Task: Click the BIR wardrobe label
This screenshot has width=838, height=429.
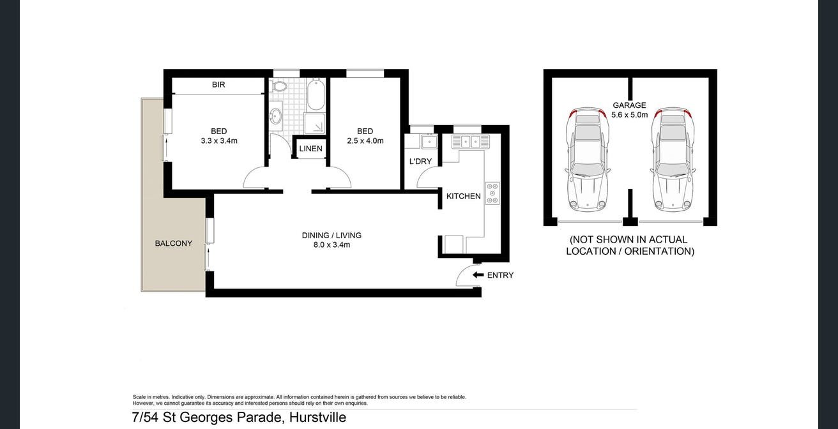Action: pyautogui.click(x=218, y=85)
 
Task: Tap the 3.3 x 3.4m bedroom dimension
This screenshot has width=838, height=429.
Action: pyautogui.click(x=219, y=141)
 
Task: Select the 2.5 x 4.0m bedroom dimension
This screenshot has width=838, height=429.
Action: pyautogui.click(x=365, y=141)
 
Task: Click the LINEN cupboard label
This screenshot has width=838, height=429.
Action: pyautogui.click(x=311, y=149)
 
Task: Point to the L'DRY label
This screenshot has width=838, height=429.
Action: pyautogui.click(x=420, y=162)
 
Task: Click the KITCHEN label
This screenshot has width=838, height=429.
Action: pyautogui.click(x=464, y=197)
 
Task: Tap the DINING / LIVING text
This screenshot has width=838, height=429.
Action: pyautogui.click(x=331, y=236)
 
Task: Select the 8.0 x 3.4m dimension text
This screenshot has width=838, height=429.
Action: pyautogui.click(x=331, y=245)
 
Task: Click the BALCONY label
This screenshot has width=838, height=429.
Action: pyautogui.click(x=174, y=244)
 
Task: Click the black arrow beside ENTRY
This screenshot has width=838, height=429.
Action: pyautogui.click(x=478, y=275)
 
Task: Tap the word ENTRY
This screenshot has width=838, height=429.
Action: pyautogui.click(x=500, y=276)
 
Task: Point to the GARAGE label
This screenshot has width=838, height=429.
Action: pyautogui.click(x=629, y=105)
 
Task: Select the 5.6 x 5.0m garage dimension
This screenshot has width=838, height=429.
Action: pyautogui.click(x=629, y=116)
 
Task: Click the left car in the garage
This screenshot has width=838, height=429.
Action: pyautogui.click(x=587, y=160)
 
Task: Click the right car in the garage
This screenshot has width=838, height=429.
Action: pyautogui.click(x=673, y=160)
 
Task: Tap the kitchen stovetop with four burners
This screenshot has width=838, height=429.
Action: pyautogui.click(x=492, y=193)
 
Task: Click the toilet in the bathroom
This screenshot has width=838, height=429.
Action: pyautogui.click(x=279, y=86)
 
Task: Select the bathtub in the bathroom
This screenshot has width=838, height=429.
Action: pyautogui.click(x=316, y=94)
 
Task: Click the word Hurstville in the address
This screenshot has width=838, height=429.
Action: pyautogui.click(x=317, y=418)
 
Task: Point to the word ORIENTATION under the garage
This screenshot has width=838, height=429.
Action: pyautogui.click(x=659, y=252)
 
